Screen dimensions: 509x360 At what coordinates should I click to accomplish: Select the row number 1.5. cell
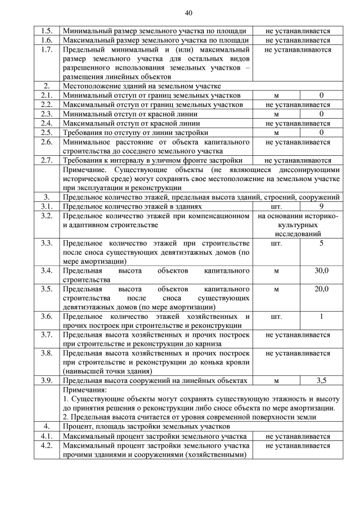coord(47,31)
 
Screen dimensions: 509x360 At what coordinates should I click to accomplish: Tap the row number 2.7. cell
coord(47,160)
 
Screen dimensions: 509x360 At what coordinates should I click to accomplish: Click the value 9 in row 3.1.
coord(321,206)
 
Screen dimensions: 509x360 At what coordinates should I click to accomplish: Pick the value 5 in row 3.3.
coord(321,244)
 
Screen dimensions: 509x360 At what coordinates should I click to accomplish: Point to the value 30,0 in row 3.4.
coord(321,271)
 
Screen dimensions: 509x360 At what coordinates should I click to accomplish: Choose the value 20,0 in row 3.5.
coord(321,289)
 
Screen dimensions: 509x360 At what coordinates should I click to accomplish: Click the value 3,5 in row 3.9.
coord(321,381)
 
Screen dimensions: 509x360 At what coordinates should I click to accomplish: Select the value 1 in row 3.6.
coord(321,317)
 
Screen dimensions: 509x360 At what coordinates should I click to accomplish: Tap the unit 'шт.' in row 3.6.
coord(276,317)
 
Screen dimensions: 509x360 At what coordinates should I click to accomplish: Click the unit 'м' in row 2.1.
coord(276,96)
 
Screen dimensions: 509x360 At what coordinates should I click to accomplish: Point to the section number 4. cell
coord(47,426)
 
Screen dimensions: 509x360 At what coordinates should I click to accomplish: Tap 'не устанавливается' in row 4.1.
coord(298,436)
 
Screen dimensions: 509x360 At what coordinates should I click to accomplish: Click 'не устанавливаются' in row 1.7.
coord(298,50)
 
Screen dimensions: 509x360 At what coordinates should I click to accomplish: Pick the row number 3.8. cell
coord(47,354)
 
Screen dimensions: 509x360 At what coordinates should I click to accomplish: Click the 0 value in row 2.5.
coord(321,133)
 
